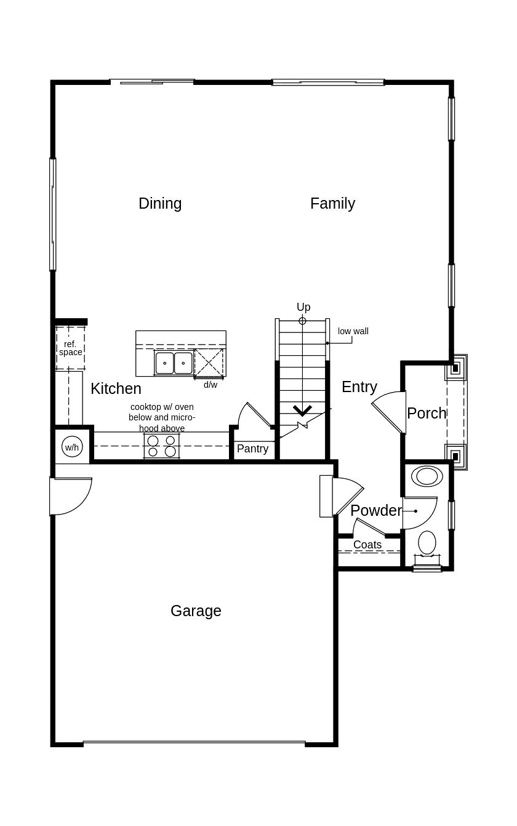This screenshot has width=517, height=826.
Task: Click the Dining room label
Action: (160, 203)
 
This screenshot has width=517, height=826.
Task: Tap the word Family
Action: (332, 203)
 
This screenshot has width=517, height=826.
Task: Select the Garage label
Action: (196, 611)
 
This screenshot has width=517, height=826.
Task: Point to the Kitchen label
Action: (116, 388)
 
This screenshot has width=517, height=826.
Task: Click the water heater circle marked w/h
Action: (72, 447)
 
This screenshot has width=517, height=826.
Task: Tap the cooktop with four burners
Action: (161, 446)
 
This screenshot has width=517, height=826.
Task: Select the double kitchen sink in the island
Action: (174, 363)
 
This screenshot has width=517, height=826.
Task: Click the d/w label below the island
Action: (210, 385)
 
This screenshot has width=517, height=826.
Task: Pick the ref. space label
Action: (70, 348)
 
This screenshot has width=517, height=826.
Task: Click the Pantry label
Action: (252, 449)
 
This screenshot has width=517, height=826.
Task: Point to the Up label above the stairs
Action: (303, 307)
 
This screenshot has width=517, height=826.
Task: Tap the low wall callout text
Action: (353, 331)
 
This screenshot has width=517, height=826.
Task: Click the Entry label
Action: (359, 387)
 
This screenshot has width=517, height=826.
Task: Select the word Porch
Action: (427, 413)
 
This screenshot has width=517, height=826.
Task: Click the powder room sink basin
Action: (427, 476)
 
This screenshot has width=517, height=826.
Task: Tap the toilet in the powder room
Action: (427, 543)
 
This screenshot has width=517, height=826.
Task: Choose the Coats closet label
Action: (367, 545)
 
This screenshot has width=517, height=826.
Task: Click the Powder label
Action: (375, 510)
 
